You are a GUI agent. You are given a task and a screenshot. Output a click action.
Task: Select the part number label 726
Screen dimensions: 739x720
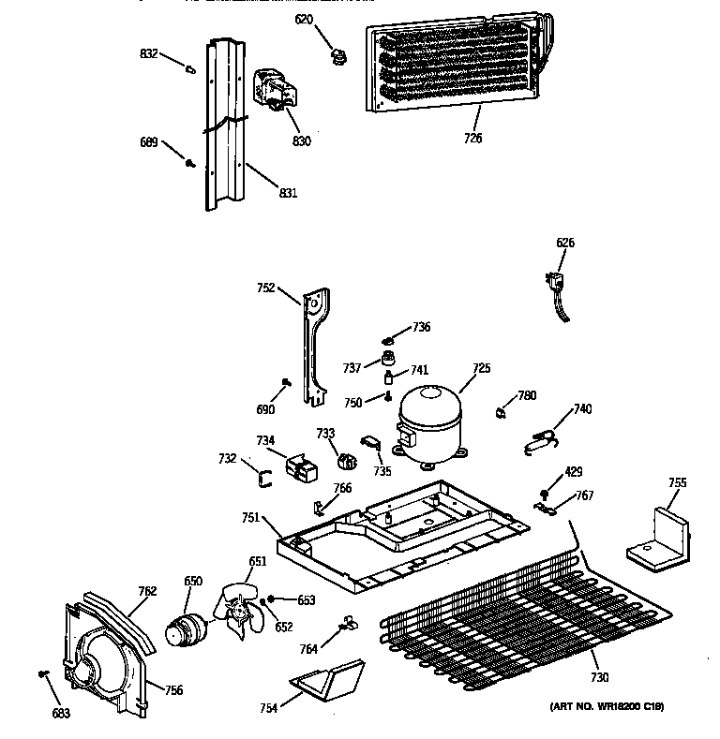(472, 139)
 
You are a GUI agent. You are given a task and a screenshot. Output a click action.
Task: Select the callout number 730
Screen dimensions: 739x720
(599, 677)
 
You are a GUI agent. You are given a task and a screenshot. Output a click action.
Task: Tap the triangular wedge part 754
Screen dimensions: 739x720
(327, 678)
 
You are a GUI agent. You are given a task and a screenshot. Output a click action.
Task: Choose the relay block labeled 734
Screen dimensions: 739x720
(301, 466)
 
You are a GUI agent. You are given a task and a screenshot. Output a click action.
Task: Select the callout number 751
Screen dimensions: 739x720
(250, 517)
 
